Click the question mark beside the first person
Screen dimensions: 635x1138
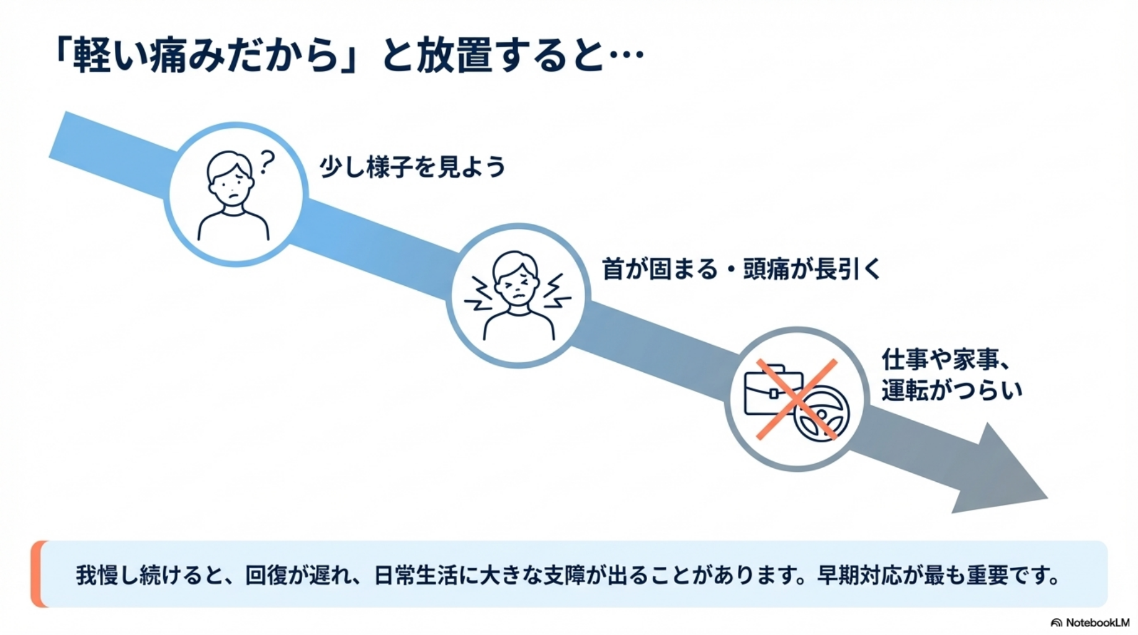point(267,162)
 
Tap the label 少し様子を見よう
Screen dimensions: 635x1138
point(412,167)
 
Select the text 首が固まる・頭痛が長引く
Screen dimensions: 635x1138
point(741,270)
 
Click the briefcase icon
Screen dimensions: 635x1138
point(769,391)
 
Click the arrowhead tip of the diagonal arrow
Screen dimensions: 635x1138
point(1042,496)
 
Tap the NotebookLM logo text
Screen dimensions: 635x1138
point(1097,623)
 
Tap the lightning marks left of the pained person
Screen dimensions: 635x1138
point(479,294)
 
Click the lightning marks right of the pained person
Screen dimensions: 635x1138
point(556,291)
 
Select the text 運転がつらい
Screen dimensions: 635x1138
point(951,391)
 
